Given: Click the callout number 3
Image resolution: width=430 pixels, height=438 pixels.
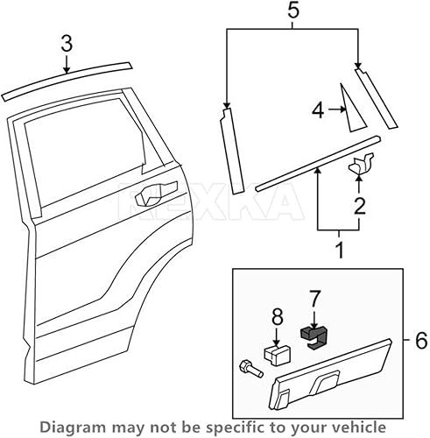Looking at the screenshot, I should [x=65, y=43].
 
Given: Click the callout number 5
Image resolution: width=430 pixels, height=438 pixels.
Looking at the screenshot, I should [x=293, y=11].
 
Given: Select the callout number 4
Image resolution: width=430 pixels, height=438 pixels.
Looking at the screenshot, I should [x=319, y=109].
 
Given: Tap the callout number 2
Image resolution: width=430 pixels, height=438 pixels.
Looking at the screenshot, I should [x=358, y=206].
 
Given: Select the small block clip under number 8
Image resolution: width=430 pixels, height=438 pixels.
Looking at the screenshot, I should [x=278, y=355].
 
